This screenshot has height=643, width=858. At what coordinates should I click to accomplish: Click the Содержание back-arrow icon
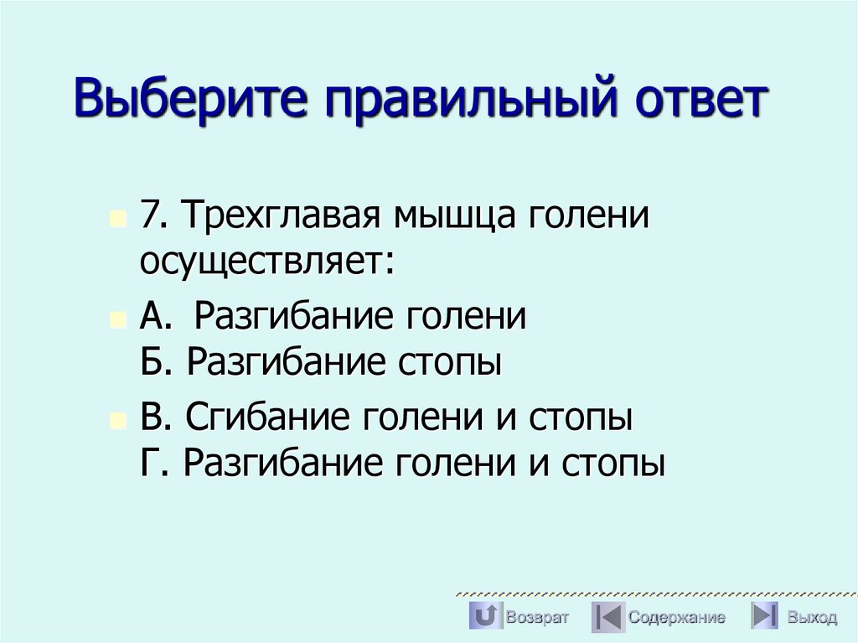(x=607, y=616)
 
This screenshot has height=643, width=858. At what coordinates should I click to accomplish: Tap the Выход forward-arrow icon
(x=764, y=616)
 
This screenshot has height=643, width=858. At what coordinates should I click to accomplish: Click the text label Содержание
(x=677, y=618)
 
